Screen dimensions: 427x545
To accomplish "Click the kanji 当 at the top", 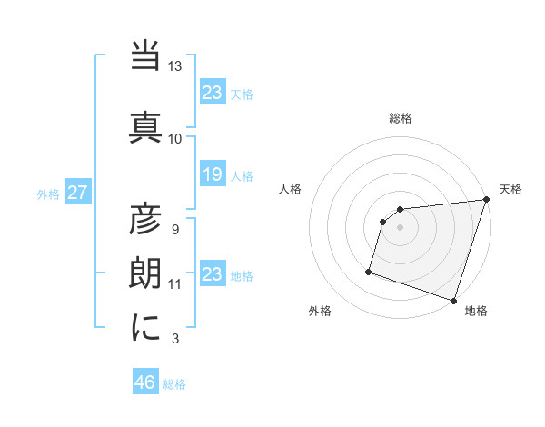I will [x=146, y=58].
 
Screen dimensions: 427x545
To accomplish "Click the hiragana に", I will [x=146, y=326].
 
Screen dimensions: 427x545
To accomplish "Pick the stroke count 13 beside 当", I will [x=175, y=66].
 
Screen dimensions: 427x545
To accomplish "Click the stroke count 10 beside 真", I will [x=175, y=138].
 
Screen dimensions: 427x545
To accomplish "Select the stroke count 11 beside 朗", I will [x=175, y=284].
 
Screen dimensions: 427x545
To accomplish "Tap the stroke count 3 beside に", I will [x=175, y=339].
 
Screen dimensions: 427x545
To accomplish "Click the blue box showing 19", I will [x=212, y=174].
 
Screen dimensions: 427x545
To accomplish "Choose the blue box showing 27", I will [x=77, y=193].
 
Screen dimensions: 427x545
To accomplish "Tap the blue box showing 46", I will [x=145, y=382].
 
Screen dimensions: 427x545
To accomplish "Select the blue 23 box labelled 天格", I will [x=212, y=92].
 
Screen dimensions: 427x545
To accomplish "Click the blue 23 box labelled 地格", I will [x=212, y=274].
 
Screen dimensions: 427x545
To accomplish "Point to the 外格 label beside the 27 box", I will [x=48, y=194].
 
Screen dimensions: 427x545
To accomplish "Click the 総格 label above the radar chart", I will [x=401, y=118].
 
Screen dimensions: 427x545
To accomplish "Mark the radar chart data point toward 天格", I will [x=486, y=200].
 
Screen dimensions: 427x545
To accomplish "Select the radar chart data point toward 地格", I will [x=453, y=300].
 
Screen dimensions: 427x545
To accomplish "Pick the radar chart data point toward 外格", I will [x=369, y=271].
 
